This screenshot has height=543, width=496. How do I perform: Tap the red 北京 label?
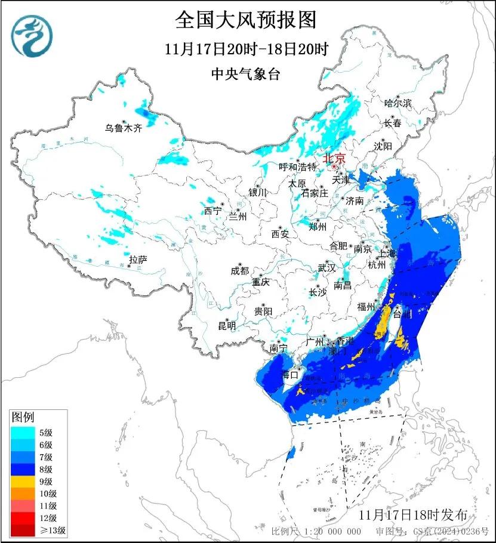point(334,159)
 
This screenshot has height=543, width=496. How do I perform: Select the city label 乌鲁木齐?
point(124,128)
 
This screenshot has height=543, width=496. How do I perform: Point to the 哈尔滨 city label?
point(398,103)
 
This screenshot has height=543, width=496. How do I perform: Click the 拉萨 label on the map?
point(138,260)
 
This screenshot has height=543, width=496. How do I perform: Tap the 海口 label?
point(289,375)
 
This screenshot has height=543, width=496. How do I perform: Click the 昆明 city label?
point(227,325)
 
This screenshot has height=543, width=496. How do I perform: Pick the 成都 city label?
point(239,270)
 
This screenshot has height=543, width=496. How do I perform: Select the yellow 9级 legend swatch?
point(24,481)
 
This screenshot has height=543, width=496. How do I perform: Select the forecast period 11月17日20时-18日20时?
point(247,49)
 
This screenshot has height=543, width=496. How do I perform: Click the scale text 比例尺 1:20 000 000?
point(316,531)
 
